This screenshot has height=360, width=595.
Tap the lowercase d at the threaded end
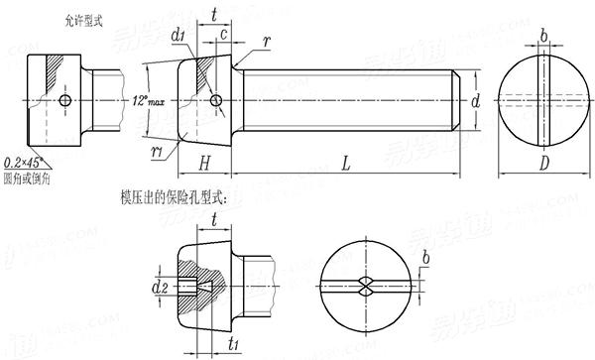[x=476, y=100]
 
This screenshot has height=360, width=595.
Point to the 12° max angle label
[x=149, y=100]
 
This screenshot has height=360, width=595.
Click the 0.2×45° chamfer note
[x=29, y=162]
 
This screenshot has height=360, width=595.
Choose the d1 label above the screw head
[x=179, y=38]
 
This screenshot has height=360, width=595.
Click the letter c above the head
[x=225, y=36]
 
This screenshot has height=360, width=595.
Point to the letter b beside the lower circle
[x=425, y=260]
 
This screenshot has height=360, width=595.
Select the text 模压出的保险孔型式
[x=174, y=198]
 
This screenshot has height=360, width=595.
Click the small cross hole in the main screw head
[x=213, y=100]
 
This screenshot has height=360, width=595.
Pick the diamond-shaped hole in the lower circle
[x=363, y=287]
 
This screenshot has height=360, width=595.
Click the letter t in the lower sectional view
[x=215, y=223]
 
